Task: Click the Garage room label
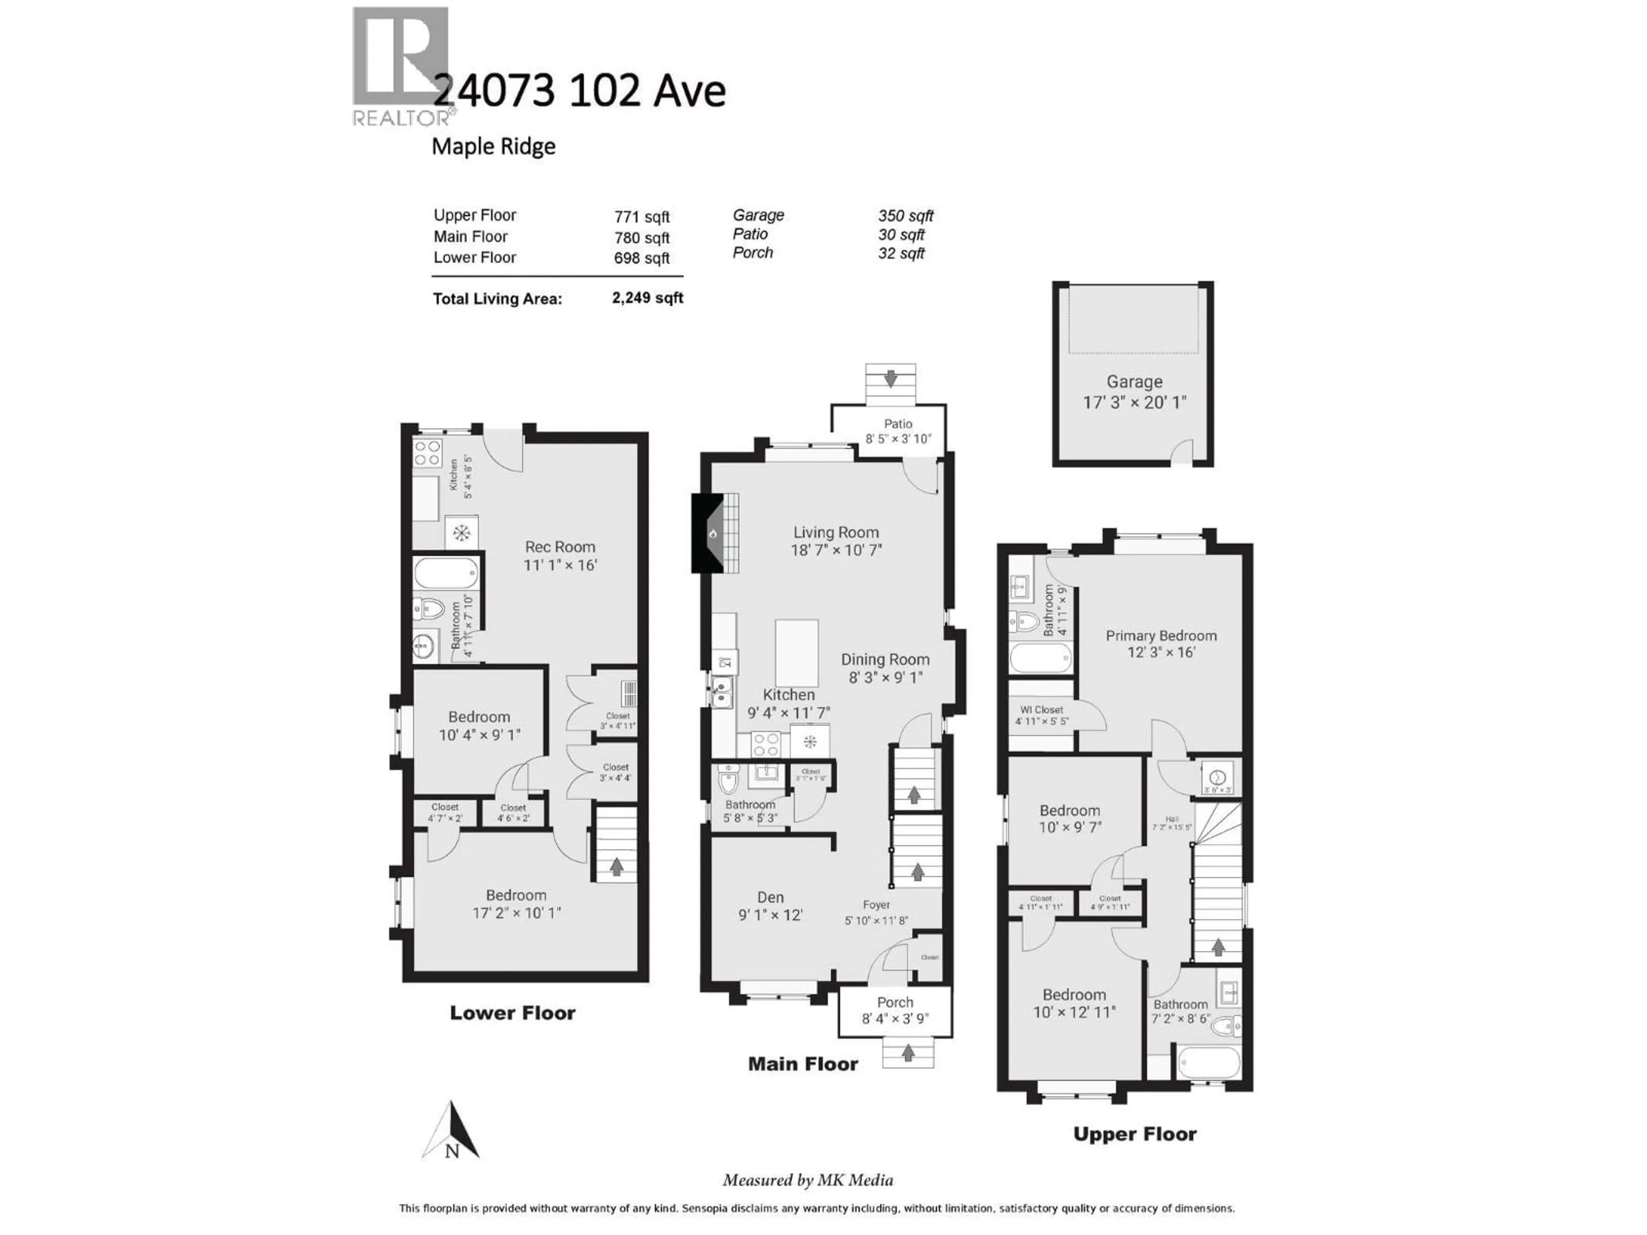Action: pyautogui.click(x=1134, y=382)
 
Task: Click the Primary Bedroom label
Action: pyautogui.click(x=1161, y=636)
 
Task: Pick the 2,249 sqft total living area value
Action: pyautogui.click(x=647, y=298)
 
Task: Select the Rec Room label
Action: pyautogui.click(x=560, y=546)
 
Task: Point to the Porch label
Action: pyautogui.click(x=894, y=1002)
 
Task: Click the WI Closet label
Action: pyautogui.click(x=1042, y=709)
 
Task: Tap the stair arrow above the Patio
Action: pyautogui.click(x=890, y=380)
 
